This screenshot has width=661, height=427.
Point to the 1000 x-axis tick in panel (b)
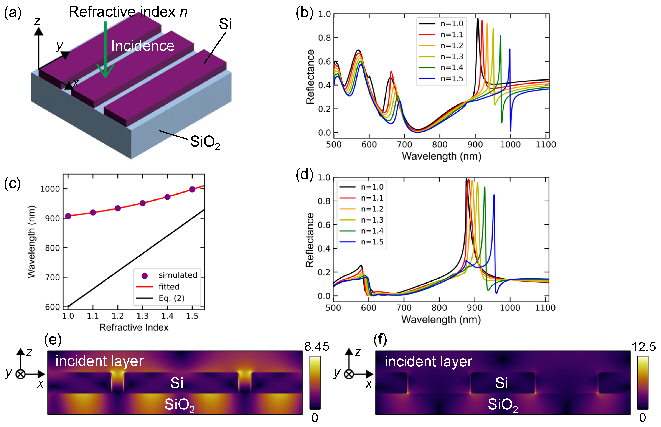(x=510, y=144)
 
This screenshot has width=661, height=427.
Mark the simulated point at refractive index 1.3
(x=143, y=203)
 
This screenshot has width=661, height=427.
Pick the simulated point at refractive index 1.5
(x=192, y=189)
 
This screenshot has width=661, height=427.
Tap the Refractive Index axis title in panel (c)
(x=134, y=327)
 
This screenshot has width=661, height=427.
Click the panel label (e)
(x=53, y=340)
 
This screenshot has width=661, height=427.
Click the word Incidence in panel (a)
(x=143, y=46)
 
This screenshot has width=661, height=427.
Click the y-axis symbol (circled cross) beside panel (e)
(x=20, y=374)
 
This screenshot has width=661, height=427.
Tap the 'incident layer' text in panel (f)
(x=428, y=362)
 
